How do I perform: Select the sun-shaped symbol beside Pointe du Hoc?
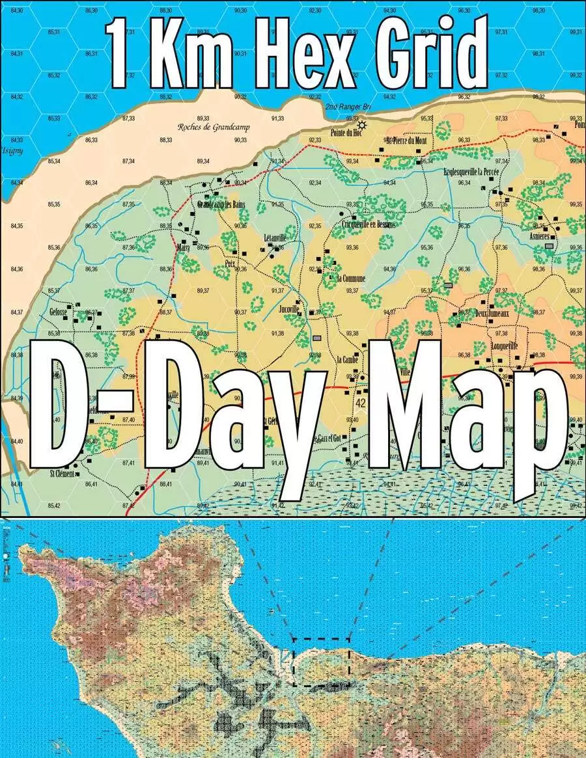click(362, 125)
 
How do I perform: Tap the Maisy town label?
click(182, 248)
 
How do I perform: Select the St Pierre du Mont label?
click(406, 141)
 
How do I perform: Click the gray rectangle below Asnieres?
click(550, 247)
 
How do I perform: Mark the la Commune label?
click(352, 278)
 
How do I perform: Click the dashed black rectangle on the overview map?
click(321, 662)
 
